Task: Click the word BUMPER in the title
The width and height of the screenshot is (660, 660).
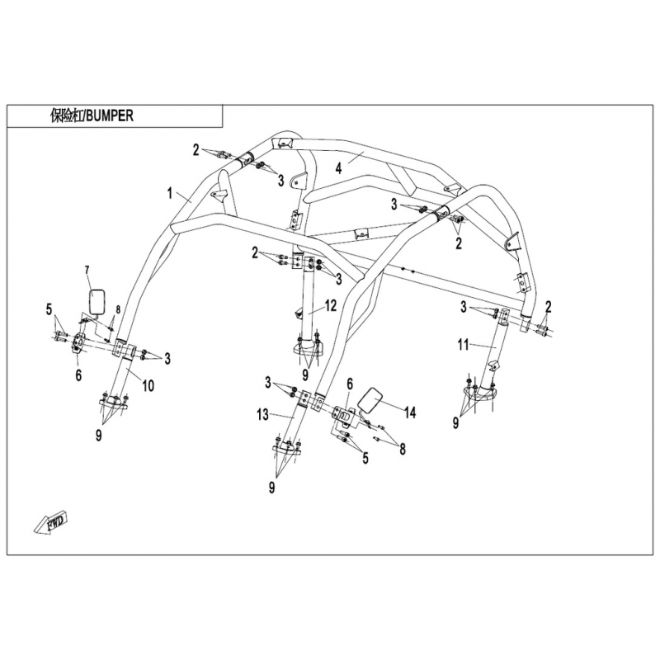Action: tap(109, 115)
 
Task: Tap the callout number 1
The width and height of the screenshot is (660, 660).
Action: tap(170, 194)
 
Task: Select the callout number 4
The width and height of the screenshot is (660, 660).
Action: tap(339, 169)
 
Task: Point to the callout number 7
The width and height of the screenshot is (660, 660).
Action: tap(87, 271)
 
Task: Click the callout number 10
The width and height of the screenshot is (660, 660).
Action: tap(148, 385)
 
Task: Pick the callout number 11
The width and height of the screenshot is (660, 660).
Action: tap(463, 345)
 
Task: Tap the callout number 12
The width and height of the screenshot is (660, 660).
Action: tap(331, 306)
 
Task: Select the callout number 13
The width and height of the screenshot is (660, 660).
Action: tap(262, 415)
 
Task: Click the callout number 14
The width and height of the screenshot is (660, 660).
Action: tap(409, 413)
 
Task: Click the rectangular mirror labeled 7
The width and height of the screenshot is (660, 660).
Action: tap(97, 301)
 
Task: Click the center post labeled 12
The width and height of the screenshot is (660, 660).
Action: tap(309, 307)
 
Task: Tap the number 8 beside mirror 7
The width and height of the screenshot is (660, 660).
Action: tap(118, 310)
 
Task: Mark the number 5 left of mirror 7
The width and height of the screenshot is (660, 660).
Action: tap(49, 311)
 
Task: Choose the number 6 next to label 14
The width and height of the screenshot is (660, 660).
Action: tap(350, 384)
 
